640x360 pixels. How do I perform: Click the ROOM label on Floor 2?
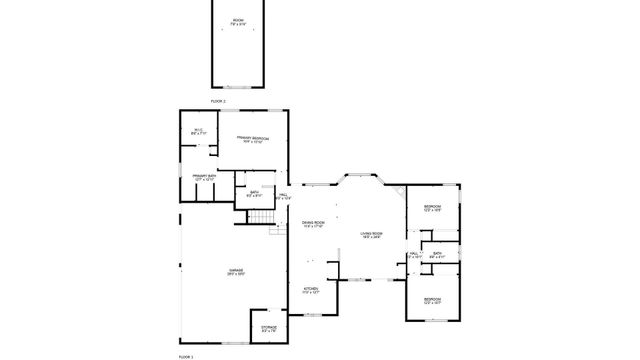pos(238,21)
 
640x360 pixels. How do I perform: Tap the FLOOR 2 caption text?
pos(218,102)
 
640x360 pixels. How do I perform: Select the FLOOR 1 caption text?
pos(185,356)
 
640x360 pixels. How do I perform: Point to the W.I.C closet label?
pos(198,130)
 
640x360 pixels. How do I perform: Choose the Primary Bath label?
pos(205,177)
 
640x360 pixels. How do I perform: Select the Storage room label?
pos(269,327)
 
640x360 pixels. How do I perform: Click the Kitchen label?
pos(311,290)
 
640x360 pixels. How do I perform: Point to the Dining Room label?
pos(314,224)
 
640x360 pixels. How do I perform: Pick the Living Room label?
pos(372,235)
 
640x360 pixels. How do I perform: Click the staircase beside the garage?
pos(260,220)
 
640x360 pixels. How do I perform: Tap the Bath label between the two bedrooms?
pos(438,255)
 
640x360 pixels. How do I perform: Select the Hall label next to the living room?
pos(413,255)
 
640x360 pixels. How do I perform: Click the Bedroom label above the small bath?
pos(432,208)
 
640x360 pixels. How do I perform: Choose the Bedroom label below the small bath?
pos(432,300)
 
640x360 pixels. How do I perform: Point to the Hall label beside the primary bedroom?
pos(283,196)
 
